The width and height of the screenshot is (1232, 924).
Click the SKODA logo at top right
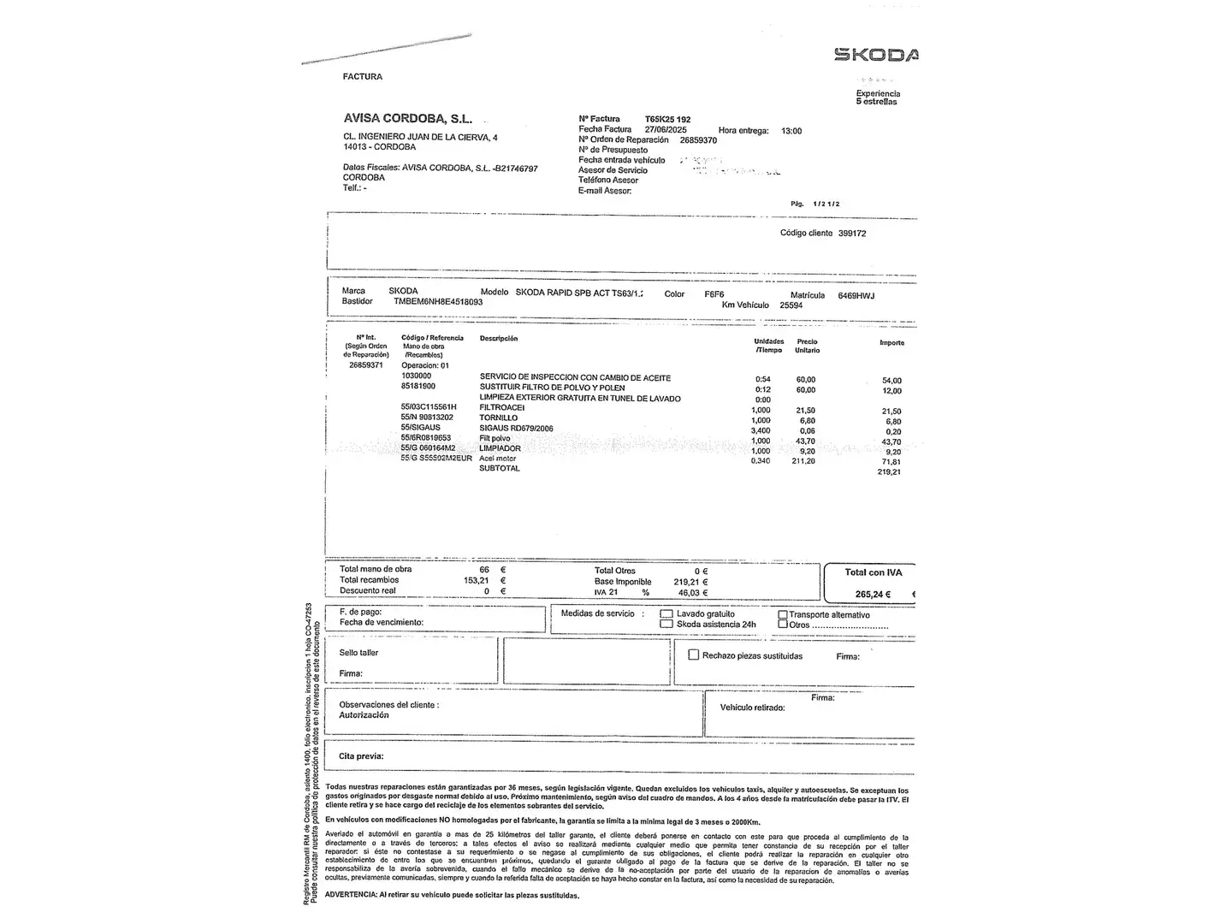coord(875,55)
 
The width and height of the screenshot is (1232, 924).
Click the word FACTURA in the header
coord(363,77)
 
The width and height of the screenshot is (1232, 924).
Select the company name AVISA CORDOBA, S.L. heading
coord(407,119)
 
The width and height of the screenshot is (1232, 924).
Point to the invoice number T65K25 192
coord(667,119)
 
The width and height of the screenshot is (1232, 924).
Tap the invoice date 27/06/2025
coord(666,129)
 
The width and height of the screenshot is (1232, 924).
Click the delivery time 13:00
coord(791,131)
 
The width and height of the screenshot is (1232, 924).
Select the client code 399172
coord(852,234)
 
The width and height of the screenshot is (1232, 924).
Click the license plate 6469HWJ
coord(856,295)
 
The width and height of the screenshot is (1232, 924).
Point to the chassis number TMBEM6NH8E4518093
coord(438,302)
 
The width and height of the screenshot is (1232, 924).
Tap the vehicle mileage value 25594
coord(791,305)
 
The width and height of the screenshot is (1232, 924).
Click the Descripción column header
coord(499,339)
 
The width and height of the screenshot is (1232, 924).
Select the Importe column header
coord(891,343)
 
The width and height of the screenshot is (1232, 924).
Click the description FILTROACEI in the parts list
coord(502,408)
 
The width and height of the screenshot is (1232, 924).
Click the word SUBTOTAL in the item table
coord(500,469)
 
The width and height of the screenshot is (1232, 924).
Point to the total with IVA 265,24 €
coord(873,595)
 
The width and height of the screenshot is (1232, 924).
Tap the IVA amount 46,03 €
coord(693,592)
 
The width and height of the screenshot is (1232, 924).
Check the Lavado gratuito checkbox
coord(666,614)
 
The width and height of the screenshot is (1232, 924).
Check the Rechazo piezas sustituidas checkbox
coord(694,655)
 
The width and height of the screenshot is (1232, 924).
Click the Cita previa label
coord(361,756)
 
